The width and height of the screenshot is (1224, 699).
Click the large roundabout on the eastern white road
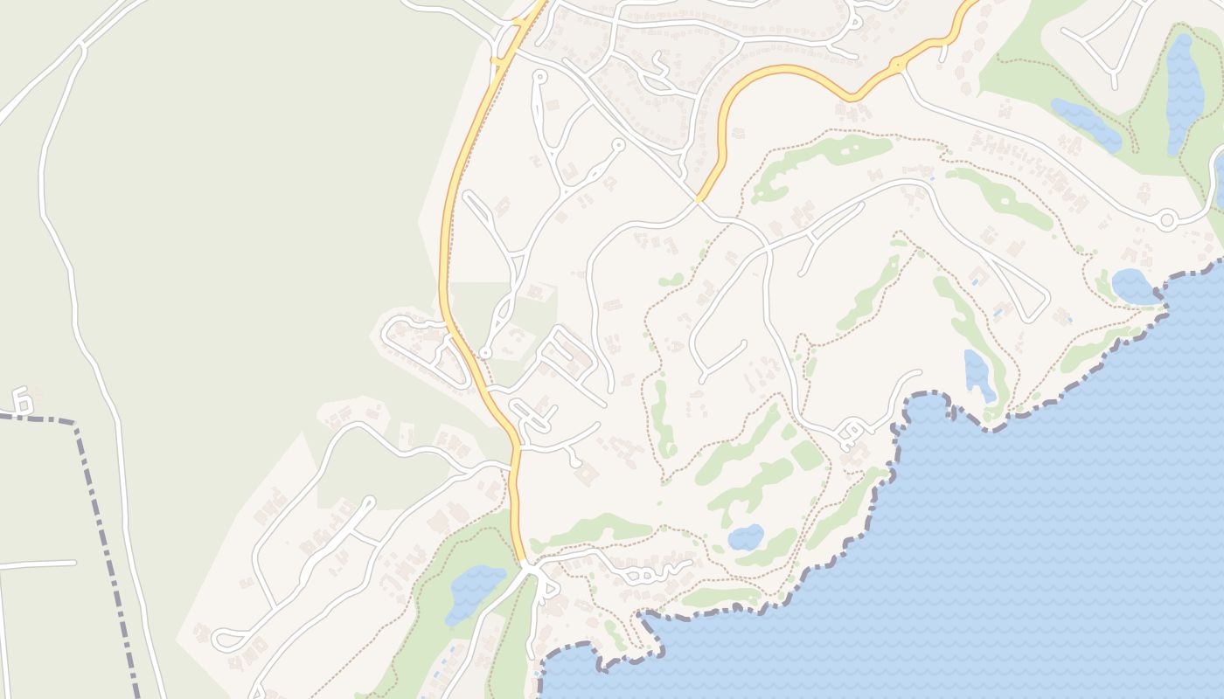coord(1166,219)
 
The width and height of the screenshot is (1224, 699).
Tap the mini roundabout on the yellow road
coord(899,65)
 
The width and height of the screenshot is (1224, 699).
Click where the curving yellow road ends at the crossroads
coord(699,200)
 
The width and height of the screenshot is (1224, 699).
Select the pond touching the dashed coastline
coord(1135,286)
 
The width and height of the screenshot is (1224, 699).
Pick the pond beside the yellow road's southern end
coord(474,590)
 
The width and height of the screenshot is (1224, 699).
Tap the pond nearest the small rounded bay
coord(978,374)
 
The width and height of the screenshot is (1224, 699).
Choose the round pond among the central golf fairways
coord(746,536)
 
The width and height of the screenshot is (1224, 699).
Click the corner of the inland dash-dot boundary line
coord(77,424)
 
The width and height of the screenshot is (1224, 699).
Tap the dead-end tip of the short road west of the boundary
coord(75,563)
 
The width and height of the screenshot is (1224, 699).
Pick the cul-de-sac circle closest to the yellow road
coord(485,353)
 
